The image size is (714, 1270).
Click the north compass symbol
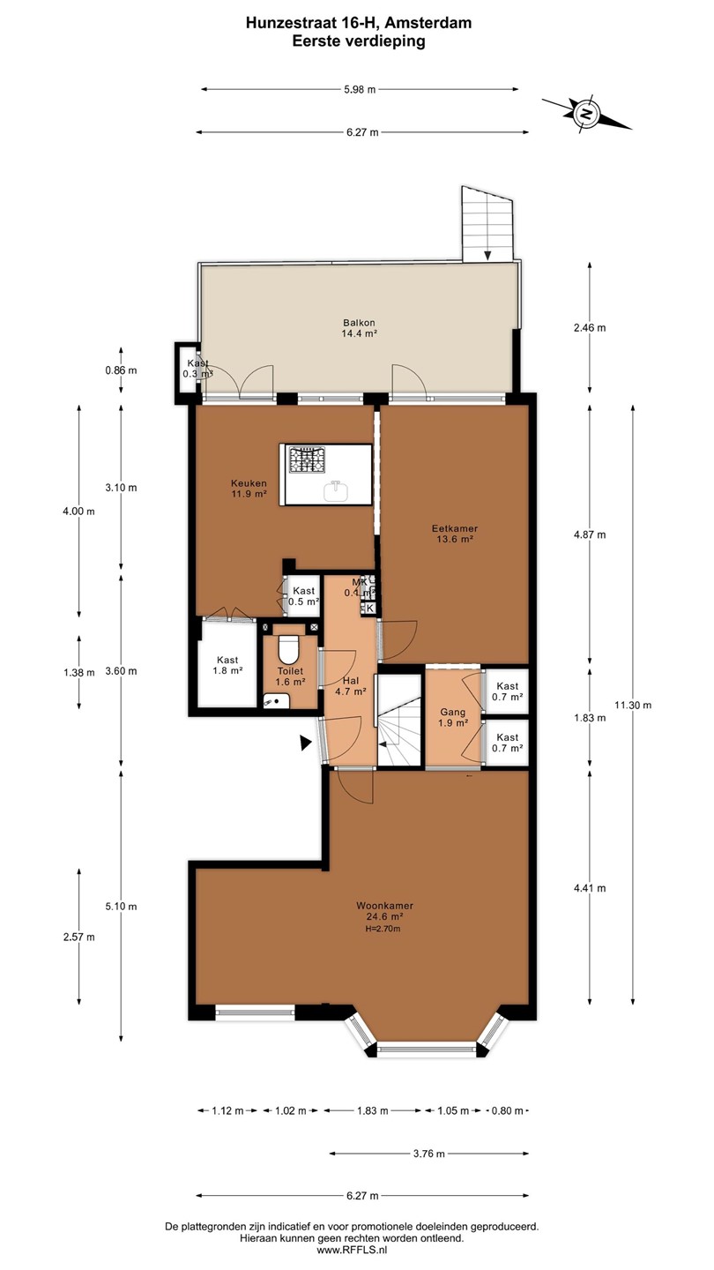tap(586, 114)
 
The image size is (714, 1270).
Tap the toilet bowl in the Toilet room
tap(289, 649)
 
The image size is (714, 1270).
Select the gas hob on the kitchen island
tap(308, 459)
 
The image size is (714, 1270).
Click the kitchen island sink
tap(336, 490)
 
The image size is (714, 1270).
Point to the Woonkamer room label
tap(384, 906)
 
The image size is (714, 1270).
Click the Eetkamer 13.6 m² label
tap(455, 534)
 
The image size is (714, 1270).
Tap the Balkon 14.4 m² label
tap(359, 328)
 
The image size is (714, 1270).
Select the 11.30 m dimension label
tap(633, 706)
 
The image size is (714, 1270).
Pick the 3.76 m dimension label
tap(429, 1154)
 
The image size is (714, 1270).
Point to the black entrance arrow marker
tap(305, 743)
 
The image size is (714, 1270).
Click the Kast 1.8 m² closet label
tap(227, 665)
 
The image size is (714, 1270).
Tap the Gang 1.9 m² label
tap(453, 717)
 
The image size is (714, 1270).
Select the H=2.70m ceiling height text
tap(383, 929)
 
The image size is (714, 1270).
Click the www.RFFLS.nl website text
tap(352, 1250)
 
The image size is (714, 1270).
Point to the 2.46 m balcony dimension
tap(590, 328)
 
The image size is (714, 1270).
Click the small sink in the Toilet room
tap(277, 701)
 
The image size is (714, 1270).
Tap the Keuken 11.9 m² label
tap(249, 489)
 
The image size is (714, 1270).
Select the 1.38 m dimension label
tap(78, 672)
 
